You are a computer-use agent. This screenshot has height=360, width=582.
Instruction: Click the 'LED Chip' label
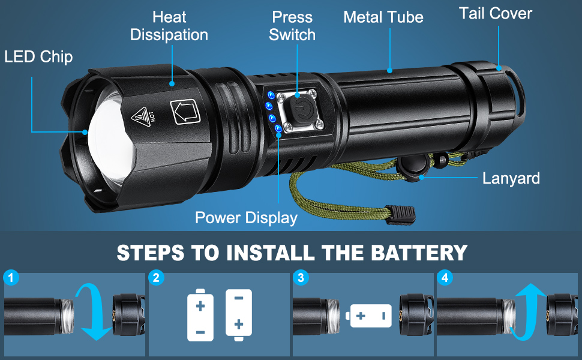coord(38,57)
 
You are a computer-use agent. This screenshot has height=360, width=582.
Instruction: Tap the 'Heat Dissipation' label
coord(169,26)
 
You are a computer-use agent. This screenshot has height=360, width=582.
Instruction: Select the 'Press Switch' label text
coord(292,26)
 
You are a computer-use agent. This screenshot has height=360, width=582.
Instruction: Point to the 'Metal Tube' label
coord(383,17)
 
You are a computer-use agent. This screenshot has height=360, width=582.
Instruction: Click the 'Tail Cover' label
coord(496,13)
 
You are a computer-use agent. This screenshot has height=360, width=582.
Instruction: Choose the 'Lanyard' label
coord(511,178)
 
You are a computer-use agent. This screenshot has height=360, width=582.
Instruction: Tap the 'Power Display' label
coord(246,217)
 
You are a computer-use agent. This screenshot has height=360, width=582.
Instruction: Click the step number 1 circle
coord(11,278)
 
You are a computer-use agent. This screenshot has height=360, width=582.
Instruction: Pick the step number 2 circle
coord(156,278)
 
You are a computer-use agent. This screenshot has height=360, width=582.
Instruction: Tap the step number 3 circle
coord(300,278)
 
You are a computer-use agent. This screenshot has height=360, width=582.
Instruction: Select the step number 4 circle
coord(444,278)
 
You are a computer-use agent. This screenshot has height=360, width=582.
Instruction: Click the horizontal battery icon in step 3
coord(369,316)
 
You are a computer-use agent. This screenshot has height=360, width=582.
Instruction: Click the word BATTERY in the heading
coord(409,252)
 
